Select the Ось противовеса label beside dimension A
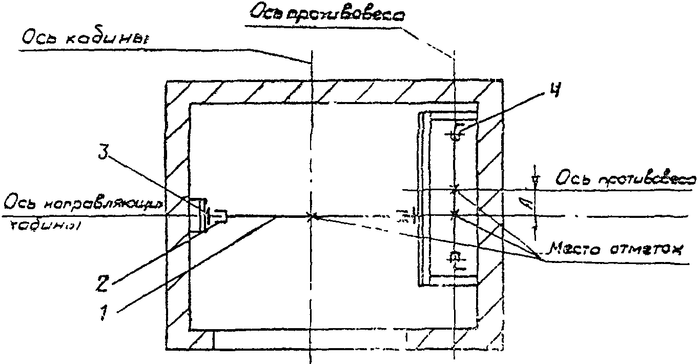coord(626,179)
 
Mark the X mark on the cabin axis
coord(311,216)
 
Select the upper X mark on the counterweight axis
coord(454,189)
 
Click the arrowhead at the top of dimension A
coord(535,179)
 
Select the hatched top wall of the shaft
coord(333,91)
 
